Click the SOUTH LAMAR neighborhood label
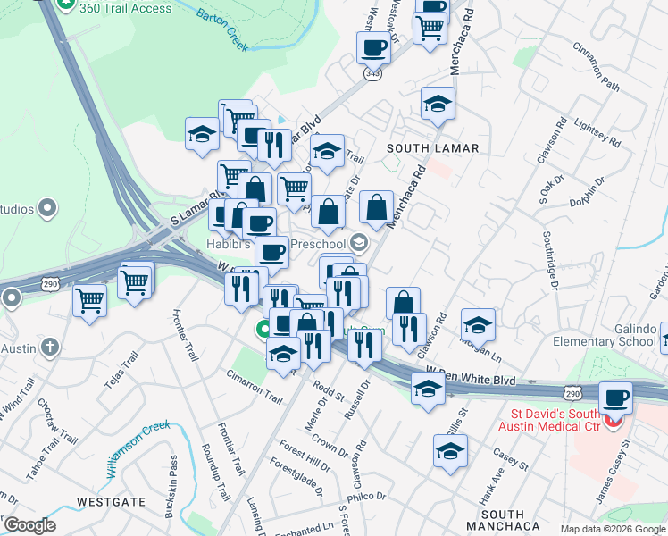[433, 147]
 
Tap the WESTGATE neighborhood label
[111, 501]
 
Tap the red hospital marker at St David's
[613, 420]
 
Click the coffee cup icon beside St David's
[614, 397]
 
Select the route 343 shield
[373, 74]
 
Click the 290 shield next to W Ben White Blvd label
[573, 392]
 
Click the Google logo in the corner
[29, 525]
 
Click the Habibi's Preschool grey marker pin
[358, 242]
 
